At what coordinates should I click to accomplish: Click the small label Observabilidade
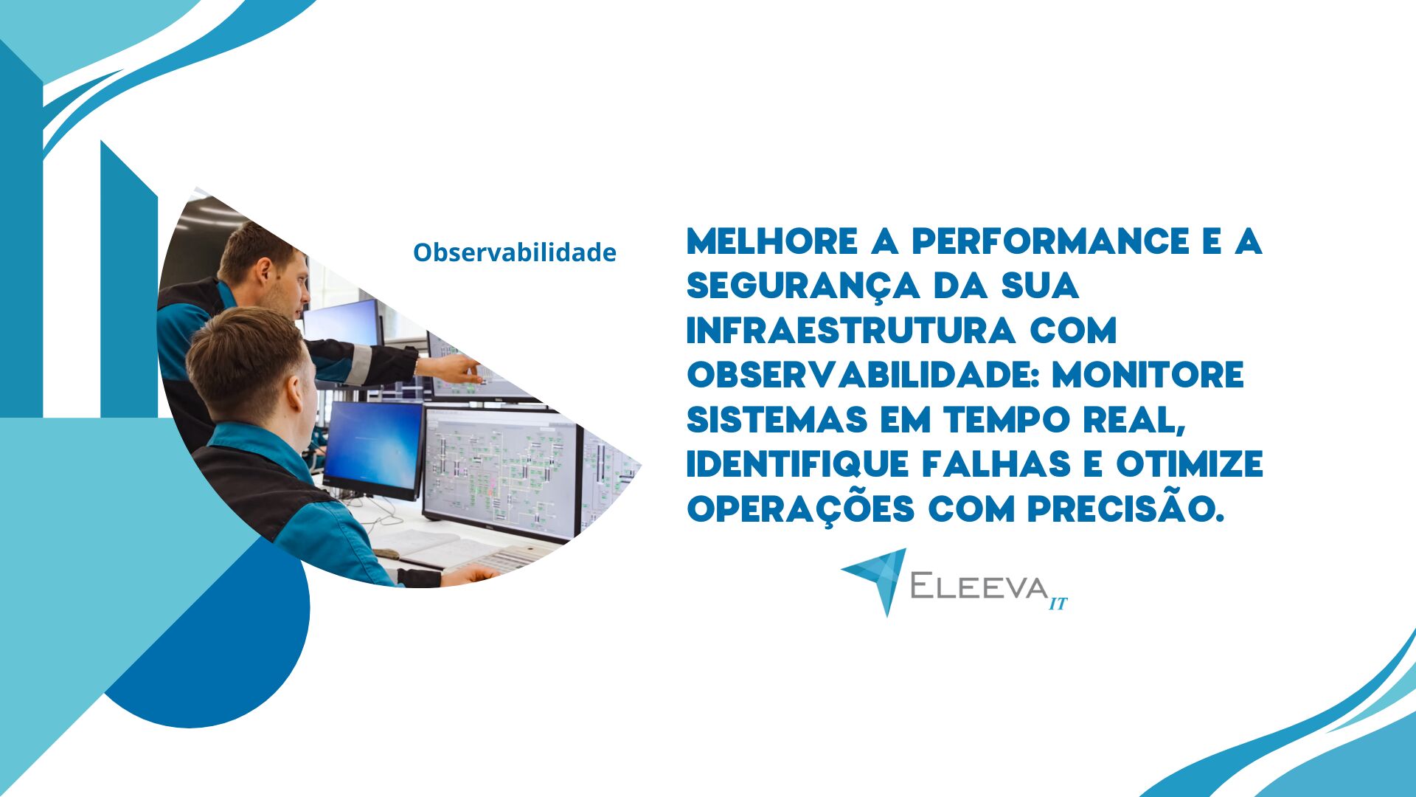[x=515, y=252]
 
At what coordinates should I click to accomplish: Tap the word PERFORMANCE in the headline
[x=1051, y=241]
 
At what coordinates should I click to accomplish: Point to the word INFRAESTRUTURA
[x=852, y=331]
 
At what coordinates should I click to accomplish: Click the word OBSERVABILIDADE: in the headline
[x=864, y=375]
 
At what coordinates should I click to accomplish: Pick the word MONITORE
[x=1148, y=375]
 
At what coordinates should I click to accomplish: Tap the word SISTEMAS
[x=777, y=420]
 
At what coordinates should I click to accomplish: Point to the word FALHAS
[x=996, y=464]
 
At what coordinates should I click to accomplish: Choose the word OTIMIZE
[x=1190, y=464]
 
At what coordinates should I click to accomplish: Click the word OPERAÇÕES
[x=801, y=508]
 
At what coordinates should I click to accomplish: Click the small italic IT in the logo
[x=1058, y=604]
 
